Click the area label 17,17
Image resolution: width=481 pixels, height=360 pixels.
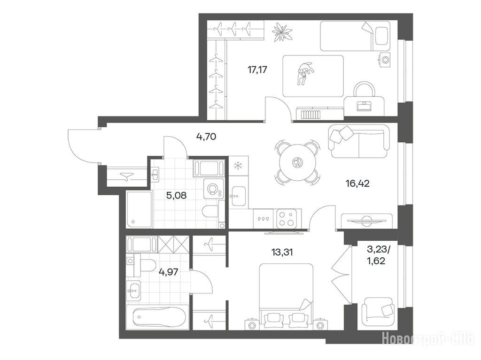click(x=257, y=70)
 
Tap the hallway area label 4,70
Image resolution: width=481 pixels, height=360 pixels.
click(x=206, y=136)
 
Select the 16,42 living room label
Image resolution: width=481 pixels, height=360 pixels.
click(x=357, y=184)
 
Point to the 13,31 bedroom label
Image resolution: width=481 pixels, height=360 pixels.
click(x=282, y=253)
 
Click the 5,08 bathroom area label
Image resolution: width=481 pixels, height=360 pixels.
click(x=176, y=195)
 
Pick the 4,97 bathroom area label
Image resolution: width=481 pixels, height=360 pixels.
click(x=169, y=272)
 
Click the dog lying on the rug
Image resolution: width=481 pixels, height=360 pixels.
click(x=304, y=73)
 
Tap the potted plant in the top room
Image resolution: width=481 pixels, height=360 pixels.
click(x=282, y=31)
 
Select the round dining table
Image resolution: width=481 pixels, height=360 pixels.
click(x=297, y=162)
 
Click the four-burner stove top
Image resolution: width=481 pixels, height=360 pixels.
click(x=287, y=219)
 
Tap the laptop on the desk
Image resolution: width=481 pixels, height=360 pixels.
click(x=364, y=106)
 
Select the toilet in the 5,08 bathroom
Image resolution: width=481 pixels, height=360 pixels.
click(x=211, y=212)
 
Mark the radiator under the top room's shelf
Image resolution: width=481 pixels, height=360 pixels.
click(x=310, y=115)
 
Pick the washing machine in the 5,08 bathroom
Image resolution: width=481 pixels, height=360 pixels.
click(x=213, y=189)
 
